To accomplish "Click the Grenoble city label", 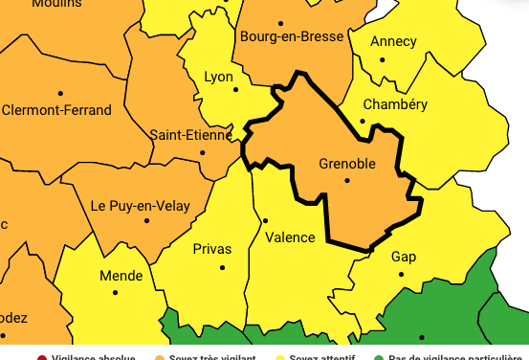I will click(346, 164).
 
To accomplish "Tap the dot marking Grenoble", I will click(347, 180).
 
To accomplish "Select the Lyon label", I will click(219, 76).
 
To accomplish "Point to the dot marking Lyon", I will click(236, 90).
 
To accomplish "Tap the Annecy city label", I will click(393, 41).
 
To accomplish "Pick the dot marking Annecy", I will click(383, 59).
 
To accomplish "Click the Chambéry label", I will click(396, 104).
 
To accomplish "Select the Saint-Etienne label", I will click(191, 135).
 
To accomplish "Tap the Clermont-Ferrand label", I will click(57, 110).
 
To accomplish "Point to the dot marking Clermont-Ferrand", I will click(60, 93).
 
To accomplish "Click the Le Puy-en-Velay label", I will click(140, 206).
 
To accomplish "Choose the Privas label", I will click(212, 249).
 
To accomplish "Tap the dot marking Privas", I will click(223, 266).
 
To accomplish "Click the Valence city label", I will click(290, 237).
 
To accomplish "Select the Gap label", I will click(404, 257).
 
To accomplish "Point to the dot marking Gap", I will click(402, 274).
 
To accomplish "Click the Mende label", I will click(121, 276).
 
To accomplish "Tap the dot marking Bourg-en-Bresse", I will click(280, 23).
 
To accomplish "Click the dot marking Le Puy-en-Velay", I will click(147, 221).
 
